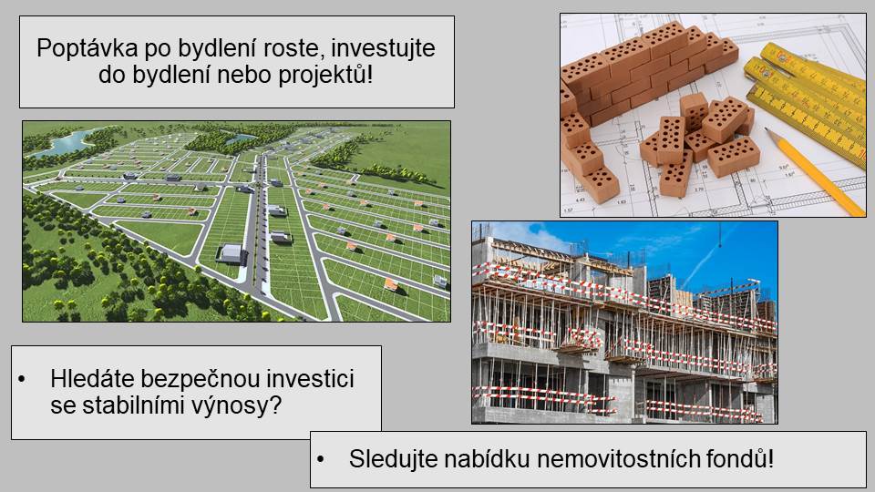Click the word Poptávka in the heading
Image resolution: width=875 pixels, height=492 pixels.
(x=87, y=48)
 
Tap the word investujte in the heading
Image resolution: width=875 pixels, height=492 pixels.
(x=383, y=48)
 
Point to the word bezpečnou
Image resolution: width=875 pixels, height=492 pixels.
(x=201, y=379)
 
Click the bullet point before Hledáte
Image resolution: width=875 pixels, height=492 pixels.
(x=22, y=380)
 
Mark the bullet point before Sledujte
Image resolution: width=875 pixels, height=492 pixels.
(x=320, y=459)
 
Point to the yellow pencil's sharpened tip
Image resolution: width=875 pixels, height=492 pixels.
(x=767, y=130)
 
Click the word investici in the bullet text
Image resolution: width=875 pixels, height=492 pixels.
(x=310, y=379)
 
